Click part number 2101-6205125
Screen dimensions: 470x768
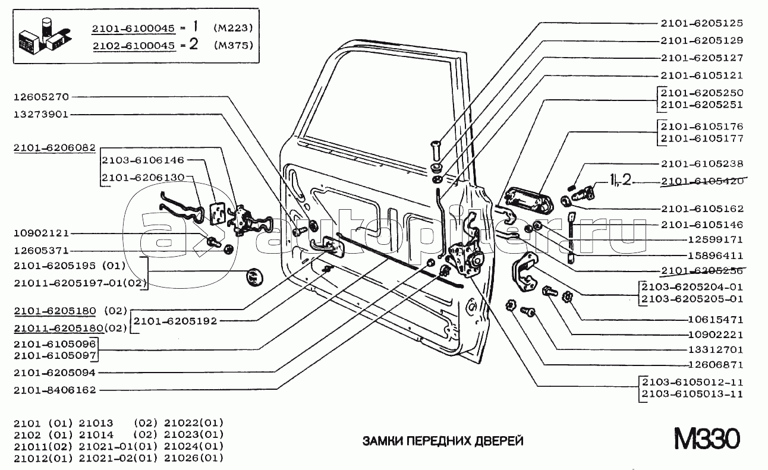[701, 23]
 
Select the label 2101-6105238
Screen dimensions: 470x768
[701, 163]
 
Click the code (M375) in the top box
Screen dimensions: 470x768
[234, 45]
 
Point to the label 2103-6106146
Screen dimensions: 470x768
[143, 160]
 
